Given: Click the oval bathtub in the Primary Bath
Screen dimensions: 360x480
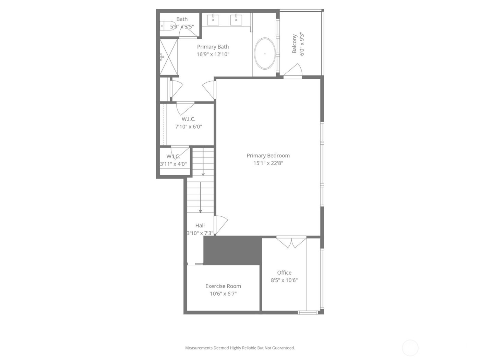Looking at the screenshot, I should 264,53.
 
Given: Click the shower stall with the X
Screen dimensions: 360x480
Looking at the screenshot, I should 169,57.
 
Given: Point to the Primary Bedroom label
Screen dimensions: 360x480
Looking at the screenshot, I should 268,156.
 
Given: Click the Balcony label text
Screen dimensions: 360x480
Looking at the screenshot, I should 294,44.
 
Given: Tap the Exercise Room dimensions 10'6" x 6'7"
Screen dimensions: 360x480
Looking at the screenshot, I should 223,294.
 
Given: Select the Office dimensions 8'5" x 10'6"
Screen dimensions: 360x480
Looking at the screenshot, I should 284,280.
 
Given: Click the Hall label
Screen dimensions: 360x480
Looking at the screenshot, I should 200,226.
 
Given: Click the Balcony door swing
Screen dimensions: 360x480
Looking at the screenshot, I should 294,71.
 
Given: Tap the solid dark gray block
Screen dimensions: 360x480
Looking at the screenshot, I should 232,250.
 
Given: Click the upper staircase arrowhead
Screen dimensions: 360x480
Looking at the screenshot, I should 203,174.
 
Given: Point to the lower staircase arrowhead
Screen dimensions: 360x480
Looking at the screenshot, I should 201,211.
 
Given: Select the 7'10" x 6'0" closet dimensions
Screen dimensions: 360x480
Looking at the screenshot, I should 189,127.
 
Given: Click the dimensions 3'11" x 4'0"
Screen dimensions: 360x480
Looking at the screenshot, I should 173,164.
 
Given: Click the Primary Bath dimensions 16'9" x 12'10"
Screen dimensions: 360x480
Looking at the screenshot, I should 213,54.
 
